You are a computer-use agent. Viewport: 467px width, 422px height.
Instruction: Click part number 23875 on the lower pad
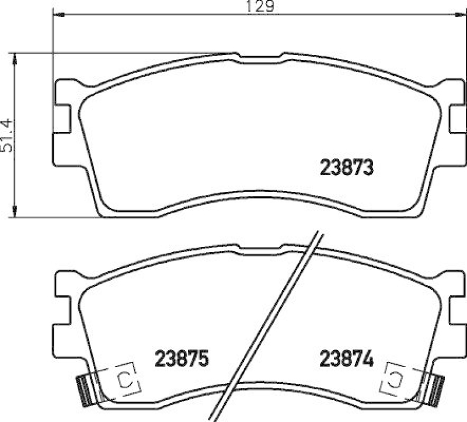click(x=182, y=357)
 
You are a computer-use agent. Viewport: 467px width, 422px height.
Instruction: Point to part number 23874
click(x=346, y=357)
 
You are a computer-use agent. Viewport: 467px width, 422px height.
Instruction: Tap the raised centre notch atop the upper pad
click(x=260, y=57)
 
